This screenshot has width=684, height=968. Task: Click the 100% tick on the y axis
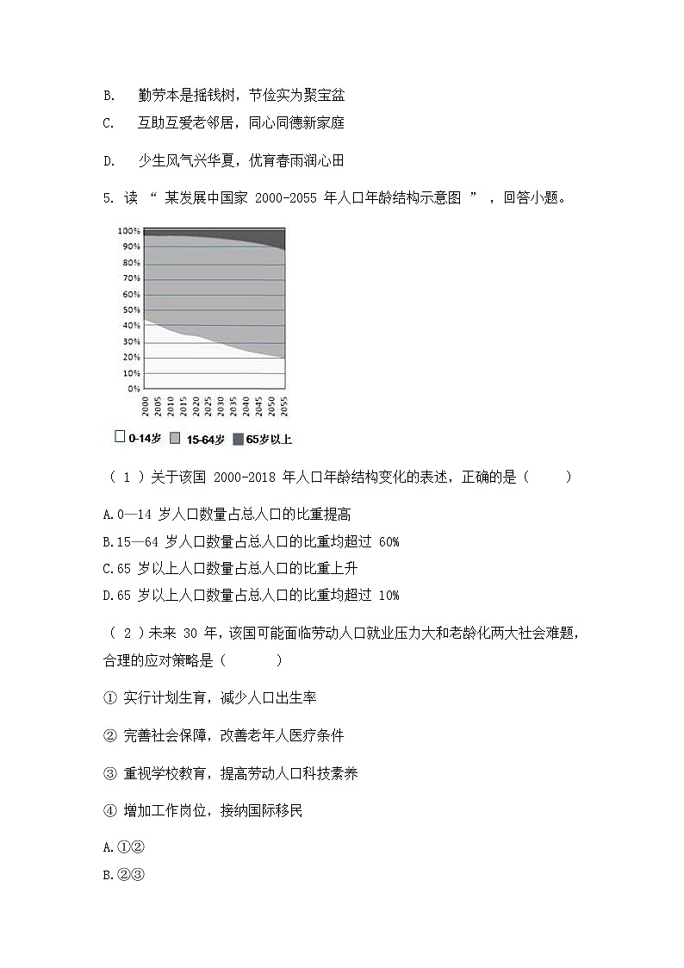point(128,231)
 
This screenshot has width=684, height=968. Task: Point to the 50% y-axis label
point(130,309)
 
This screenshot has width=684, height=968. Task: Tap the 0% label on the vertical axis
point(133,389)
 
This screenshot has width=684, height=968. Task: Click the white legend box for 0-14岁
point(120,437)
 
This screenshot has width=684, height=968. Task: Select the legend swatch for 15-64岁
point(175,439)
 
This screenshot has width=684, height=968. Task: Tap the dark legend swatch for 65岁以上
point(238,439)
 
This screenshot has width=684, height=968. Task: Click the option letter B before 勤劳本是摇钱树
point(108,94)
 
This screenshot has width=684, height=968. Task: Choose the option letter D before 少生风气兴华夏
point(108,160)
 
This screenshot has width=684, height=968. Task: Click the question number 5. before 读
point(109,198)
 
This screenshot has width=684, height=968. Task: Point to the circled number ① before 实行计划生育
point(109,696)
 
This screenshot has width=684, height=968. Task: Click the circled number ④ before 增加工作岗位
point(109,810)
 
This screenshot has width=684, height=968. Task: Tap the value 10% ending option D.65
point(389,595)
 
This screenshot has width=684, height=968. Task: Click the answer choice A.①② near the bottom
point(121,848)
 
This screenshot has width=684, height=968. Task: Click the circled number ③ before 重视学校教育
point(109,773)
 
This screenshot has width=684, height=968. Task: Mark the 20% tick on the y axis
point(130,357)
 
